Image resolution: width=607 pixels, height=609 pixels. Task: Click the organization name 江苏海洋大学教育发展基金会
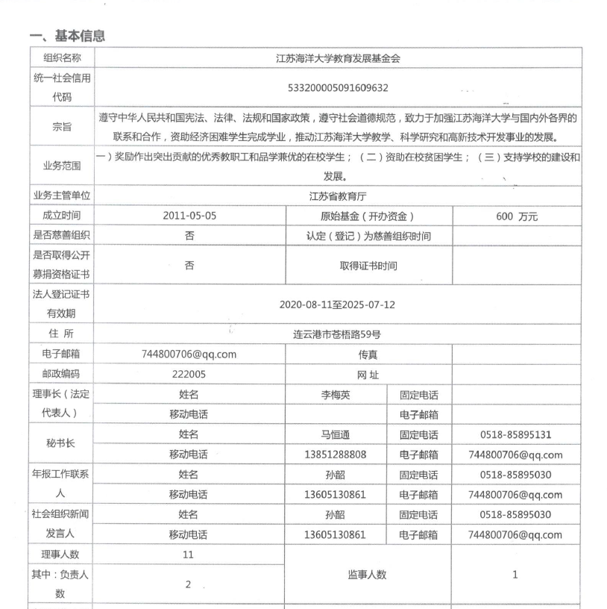click(x=338, y=57)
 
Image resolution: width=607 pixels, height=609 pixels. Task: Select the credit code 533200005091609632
click(x=338, y=87)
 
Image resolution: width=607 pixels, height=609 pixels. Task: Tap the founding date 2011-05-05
click(x=189, y=216)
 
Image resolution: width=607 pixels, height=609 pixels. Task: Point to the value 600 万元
click(x=516, y=216)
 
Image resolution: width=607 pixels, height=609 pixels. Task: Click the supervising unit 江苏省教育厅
click(x=338, y=196)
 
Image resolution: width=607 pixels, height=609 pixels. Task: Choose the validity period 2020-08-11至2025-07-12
click(x=338, y=304)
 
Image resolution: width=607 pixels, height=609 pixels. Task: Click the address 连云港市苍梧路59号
click(x=338, y=334)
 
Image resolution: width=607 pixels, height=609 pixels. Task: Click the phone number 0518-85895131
click(x=516, y=435)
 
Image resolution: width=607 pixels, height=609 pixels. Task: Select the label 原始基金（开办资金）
click(x=369, y=216)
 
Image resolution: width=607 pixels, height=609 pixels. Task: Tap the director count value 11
click(x=189, y=555)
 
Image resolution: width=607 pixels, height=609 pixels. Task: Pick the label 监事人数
click(x=368, y=575)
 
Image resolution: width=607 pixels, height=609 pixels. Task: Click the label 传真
click(x=368, y=355)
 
